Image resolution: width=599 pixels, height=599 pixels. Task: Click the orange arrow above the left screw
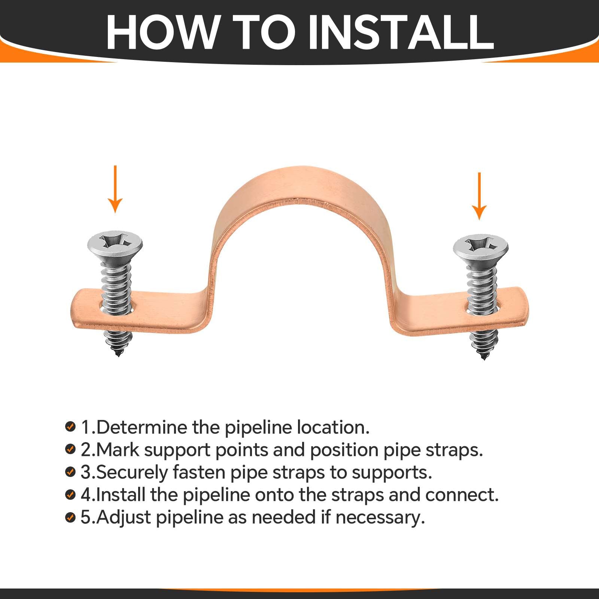click(x=115, y=189)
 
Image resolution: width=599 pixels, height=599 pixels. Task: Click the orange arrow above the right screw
click(x=480, y=196)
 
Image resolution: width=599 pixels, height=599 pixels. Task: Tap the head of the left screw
click(x=115, y=245)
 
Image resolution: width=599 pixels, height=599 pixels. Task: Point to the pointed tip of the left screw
click(x=118, y=355)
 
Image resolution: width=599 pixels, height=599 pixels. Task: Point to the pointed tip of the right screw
click(x=483, y=358)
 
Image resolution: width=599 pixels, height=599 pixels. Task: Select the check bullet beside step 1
click(x=70, y=426)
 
